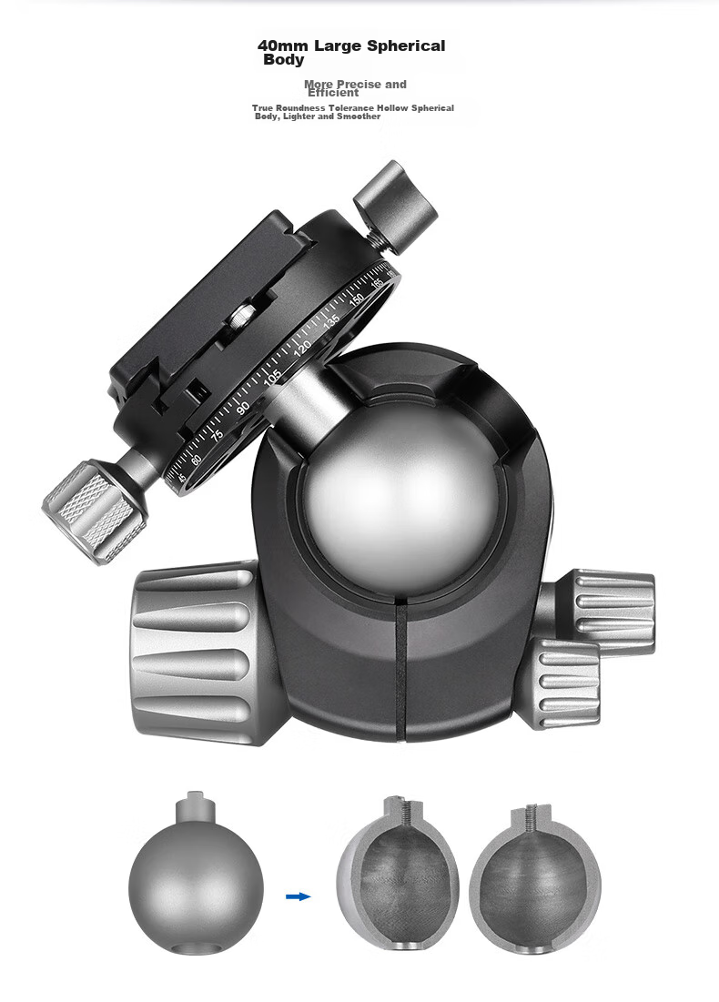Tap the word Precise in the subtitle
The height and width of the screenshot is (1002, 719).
pyautogui.click(x=359, y=85)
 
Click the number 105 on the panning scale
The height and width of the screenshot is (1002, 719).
pyautogui.click(x=272, y=378)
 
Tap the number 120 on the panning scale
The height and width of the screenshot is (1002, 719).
pyautogui.click(x=301, y=349)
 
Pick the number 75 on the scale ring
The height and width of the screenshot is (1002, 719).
pyautogui.click(x=218, y=435)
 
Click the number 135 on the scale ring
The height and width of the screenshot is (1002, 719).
pyautogui.click(x=331, y=321)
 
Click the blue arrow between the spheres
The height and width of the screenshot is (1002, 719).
pyautogui.click(x=298, y=896)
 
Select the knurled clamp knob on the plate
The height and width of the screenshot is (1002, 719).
pyautogui.click(x=94, y=511)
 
